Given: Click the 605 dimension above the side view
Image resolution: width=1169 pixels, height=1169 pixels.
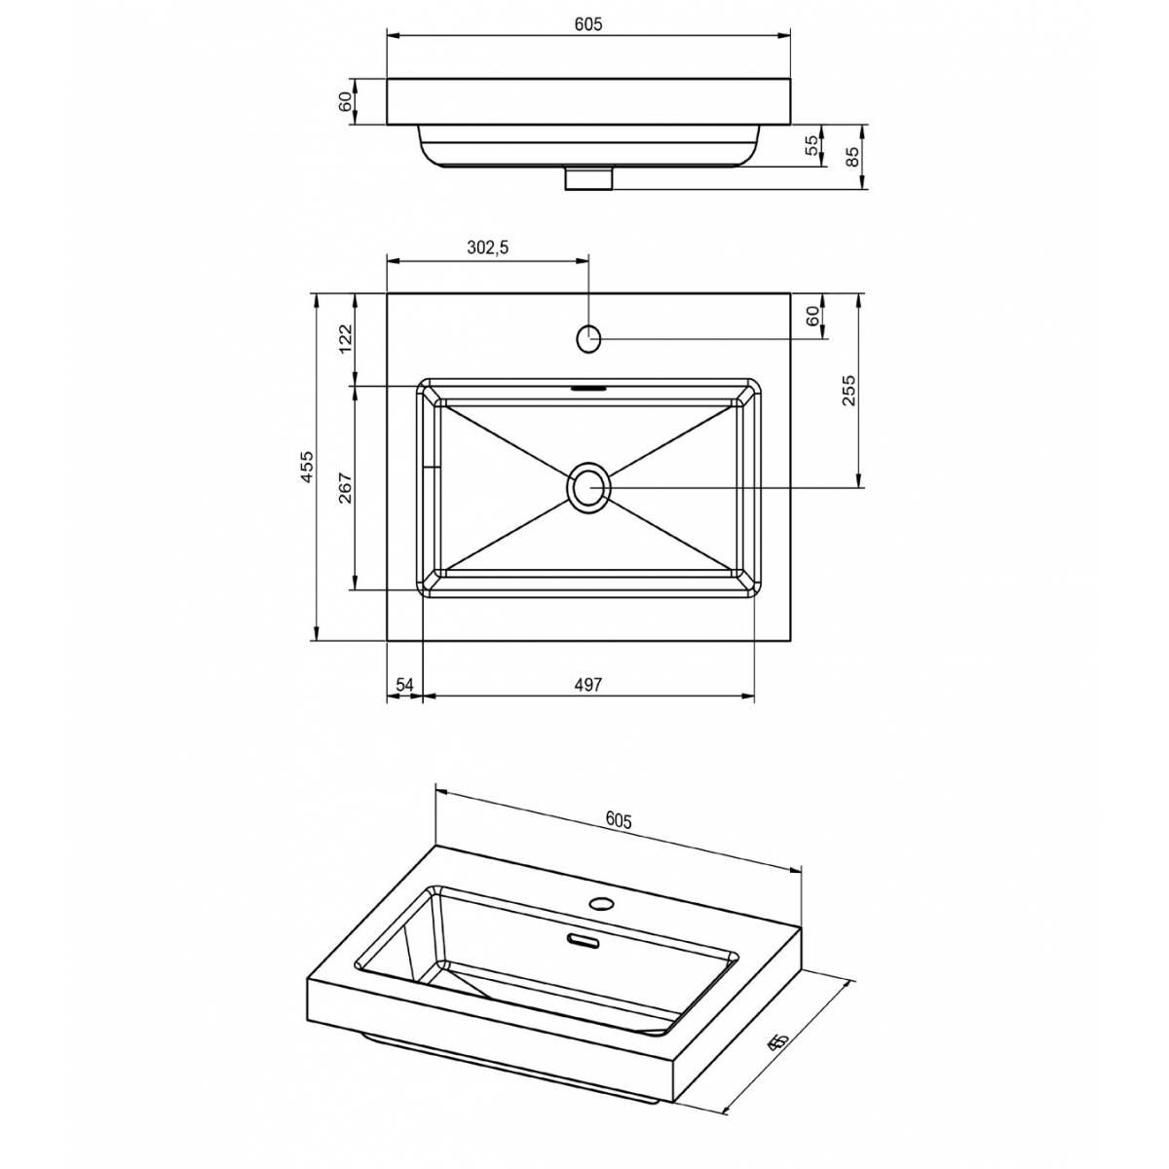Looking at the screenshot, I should click(587, 25).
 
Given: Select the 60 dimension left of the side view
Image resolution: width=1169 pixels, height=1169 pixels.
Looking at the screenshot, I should click(345, 101).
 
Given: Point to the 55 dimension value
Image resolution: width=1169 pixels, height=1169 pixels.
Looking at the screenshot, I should click(811, 145).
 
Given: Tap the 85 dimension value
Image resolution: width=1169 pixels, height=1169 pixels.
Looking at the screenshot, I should click(853, 156).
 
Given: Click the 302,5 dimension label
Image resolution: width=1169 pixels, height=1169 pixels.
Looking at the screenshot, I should click(487, 247).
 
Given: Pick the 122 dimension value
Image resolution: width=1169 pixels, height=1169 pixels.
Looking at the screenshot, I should click(345, 339).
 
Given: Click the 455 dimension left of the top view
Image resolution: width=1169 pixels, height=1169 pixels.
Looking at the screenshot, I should click(306, 468).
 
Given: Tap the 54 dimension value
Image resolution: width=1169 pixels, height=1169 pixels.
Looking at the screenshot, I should click(405, 685).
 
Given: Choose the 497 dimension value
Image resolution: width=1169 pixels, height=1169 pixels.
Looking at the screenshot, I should click(588, 685).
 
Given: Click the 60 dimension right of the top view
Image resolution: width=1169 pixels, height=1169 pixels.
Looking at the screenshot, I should click(811, 316).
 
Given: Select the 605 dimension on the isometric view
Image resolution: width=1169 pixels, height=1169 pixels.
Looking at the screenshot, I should click(619, 820).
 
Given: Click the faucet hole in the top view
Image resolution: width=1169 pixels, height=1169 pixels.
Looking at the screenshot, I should click(589, 338).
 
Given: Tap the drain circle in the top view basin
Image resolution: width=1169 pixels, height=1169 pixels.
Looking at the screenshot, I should click(589, 486).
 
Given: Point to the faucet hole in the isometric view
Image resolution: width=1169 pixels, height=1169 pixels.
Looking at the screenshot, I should click(602, 903).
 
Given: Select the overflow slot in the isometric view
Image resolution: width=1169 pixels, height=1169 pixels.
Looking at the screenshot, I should click(584, 940).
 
